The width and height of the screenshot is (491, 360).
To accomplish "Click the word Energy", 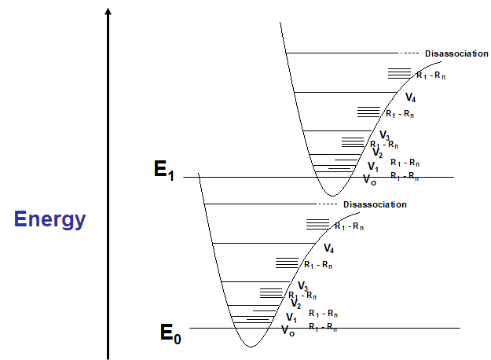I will pos(49,219).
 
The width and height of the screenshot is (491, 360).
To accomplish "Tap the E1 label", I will pos(163,171).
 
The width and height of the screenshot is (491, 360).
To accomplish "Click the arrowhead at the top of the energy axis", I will pos(108,11).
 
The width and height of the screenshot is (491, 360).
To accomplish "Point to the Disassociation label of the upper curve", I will pos(457,53).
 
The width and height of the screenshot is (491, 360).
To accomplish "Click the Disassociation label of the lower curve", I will pos(375,204).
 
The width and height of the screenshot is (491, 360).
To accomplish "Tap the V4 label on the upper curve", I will pos(410,97).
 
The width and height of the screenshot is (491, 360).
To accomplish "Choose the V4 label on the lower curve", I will pos(329,249).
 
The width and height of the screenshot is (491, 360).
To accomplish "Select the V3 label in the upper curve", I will pos(384,136).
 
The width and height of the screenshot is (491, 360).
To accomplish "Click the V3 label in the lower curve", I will pos(302,287).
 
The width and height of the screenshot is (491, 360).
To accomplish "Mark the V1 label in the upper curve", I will pos(372,167).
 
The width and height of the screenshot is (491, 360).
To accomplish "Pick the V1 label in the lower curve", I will pos(291,318).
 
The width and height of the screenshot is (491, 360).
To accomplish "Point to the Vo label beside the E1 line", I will pos(369,180).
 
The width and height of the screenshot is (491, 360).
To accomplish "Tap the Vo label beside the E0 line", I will pos(288,331).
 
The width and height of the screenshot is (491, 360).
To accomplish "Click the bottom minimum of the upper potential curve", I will pos(332,195).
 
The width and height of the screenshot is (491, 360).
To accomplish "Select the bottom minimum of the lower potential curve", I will pos(250,346).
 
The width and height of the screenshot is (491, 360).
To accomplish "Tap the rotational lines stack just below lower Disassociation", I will pos(317,224).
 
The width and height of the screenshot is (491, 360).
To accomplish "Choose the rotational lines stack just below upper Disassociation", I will pos(399,73).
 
